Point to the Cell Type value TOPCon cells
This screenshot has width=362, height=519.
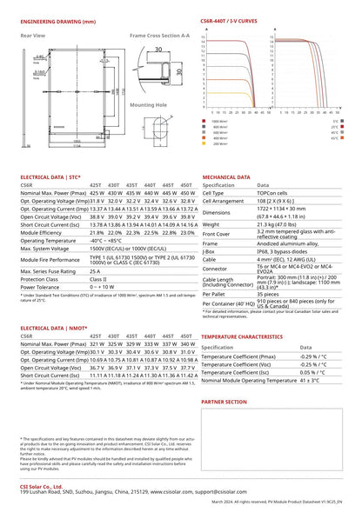click(x=276, y=193)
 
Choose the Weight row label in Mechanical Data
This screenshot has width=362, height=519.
click(x=213, y=223)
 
